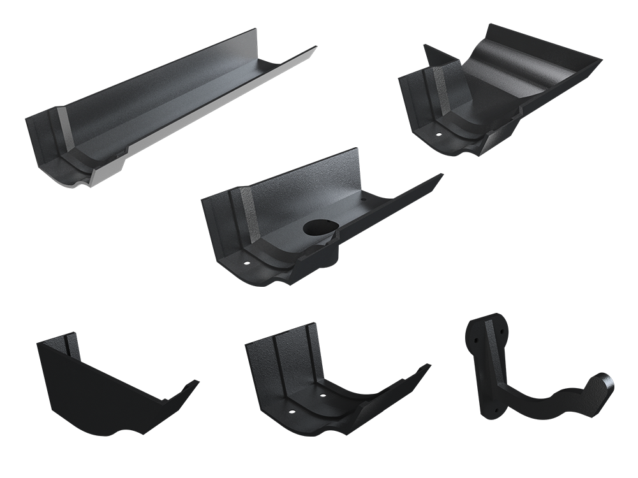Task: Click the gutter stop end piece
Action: pyautogui.click(x=108, y=389)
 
